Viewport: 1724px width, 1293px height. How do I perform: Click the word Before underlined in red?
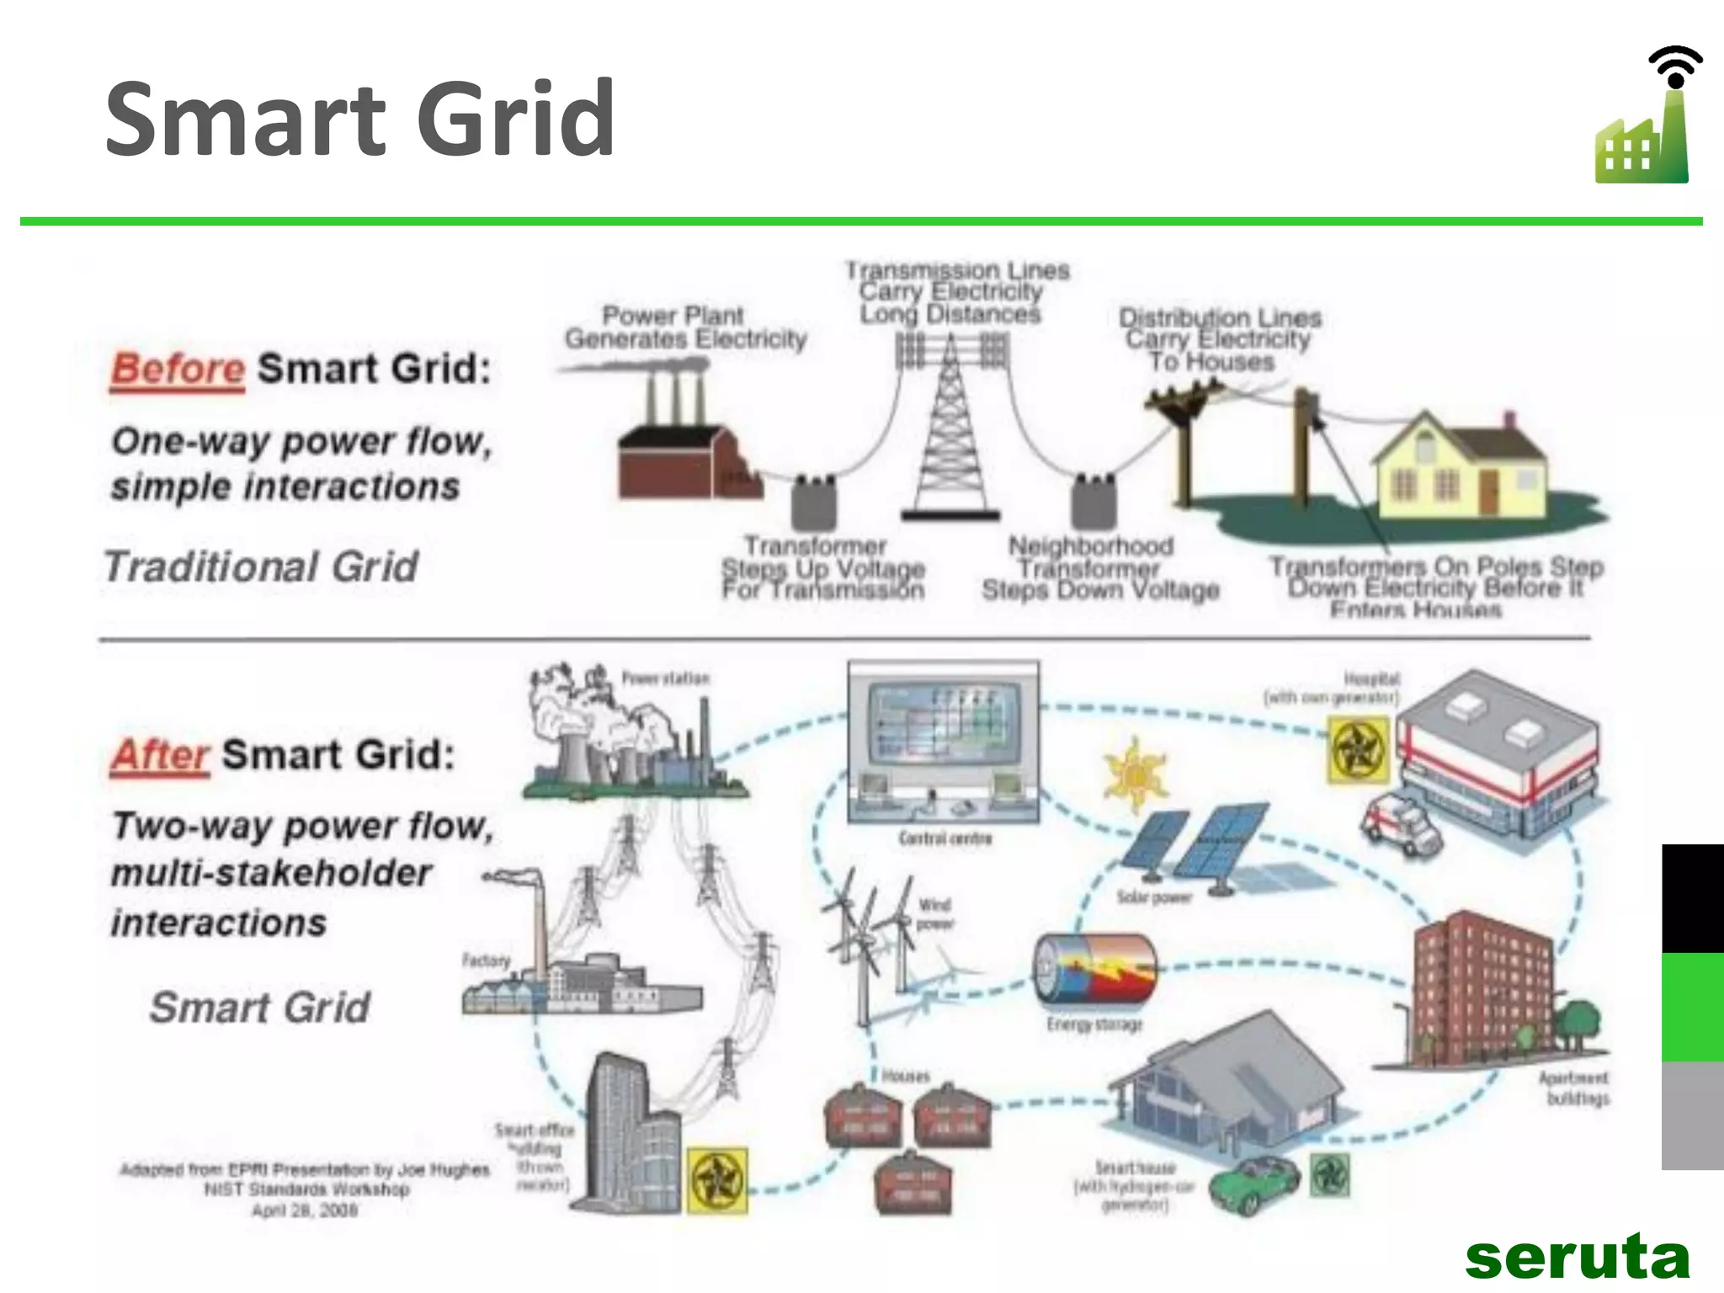click(178, 370)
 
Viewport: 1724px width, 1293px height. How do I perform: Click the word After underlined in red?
click(160, 755)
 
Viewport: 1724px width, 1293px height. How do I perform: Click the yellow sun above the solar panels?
click(1135, 773)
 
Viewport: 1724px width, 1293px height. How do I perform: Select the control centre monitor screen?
click(943, 724)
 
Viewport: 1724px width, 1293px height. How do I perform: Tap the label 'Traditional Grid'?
click(261, 567)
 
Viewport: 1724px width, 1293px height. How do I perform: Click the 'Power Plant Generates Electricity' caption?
click(685, 327)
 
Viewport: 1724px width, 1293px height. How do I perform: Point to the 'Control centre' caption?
click(944, 838)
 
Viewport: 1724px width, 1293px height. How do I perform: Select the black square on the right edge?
click(1692, 897)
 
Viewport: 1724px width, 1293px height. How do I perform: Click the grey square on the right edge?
click(1692, 1115)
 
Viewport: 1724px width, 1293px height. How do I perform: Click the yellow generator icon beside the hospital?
click(1357, 749)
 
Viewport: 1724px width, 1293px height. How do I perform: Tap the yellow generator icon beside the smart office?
click(717, 1180)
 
